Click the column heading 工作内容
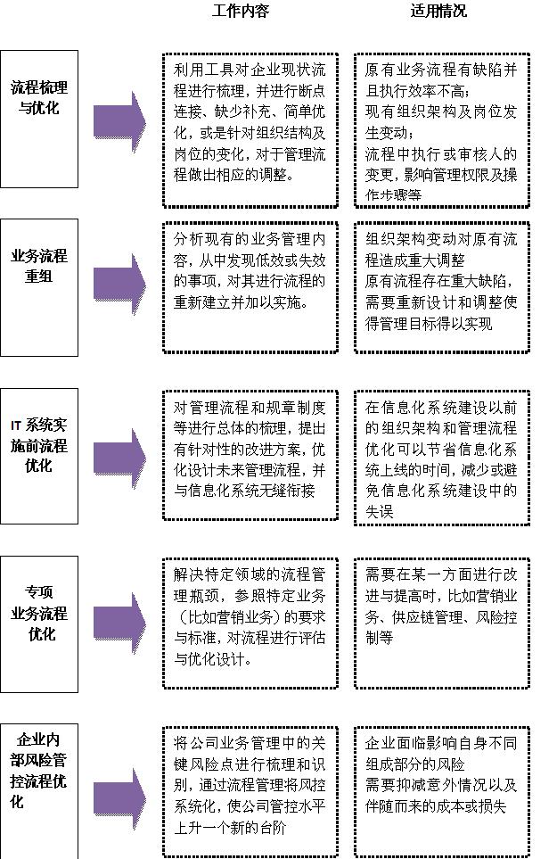pyautogui.click(x=241, y=12)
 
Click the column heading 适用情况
pyautogui.click(x=438, y=12)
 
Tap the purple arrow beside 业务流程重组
pyautogui.click(x=119, y=283)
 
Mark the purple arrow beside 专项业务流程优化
pyautogui.click(x=119, y=623)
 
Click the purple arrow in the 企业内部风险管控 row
pyautogui.click(x=119, y=790)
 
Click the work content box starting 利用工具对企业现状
pyautogui.click(x=250, y=129)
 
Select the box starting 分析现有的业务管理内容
pyautogui.click(x=250, y=286)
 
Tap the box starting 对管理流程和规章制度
pyautogui.click(x=250, y=454)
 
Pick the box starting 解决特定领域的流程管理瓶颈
pyautogui.click(x=250, y=623)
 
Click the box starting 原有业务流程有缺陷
pyautogui.click(x=441, y=129)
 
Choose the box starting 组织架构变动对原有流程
pyautogui.click(x=441, y=286)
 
